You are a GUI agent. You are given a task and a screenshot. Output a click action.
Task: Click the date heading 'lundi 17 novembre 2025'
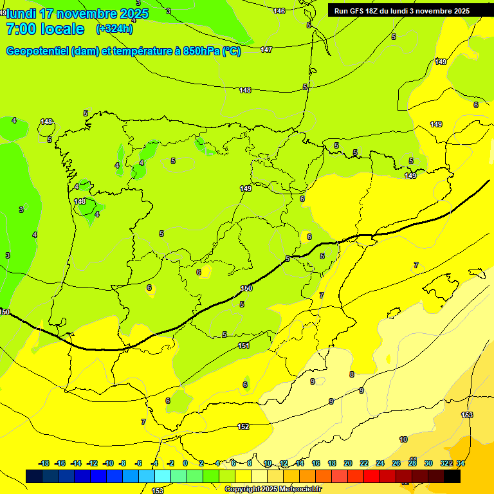tap(77, 14)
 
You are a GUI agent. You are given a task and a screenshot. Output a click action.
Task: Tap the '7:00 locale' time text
tap(45, 29)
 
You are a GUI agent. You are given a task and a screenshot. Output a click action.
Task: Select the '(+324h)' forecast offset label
tap(114, 29)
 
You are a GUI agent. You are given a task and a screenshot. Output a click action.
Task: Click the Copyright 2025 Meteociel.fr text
tap(273, 489)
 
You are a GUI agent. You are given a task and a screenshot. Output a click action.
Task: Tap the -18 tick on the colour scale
tap(44, 463)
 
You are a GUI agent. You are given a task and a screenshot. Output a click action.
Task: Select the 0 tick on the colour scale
tap(185, 463)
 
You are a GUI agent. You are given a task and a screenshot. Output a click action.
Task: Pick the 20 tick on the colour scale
tap(348, 463)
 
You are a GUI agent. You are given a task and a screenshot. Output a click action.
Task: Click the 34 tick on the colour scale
tap(461, 463)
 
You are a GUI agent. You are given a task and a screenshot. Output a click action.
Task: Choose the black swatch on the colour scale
tap(452, 476)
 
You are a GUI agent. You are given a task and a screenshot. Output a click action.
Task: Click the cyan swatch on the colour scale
tap(163, 476)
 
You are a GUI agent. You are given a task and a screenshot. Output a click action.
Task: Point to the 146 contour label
tap(279, 11)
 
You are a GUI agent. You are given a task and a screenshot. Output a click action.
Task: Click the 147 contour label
tap(266, 50)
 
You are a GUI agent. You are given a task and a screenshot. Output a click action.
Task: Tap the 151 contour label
tap(244, 345)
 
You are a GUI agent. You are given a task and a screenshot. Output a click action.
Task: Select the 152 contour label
tap(243, 426)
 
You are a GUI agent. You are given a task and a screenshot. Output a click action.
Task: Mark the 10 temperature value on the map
tap(403, 439)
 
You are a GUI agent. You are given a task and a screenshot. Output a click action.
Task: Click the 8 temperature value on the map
tap(352, 374)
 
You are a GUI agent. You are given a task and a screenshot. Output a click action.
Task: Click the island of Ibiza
tap(389, 358)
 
